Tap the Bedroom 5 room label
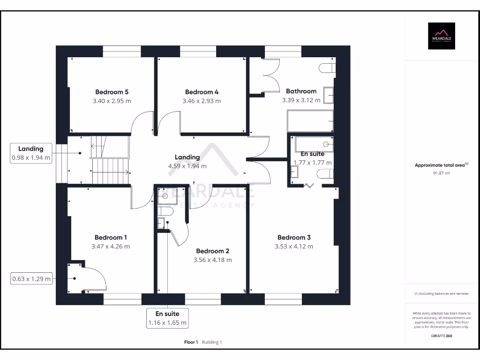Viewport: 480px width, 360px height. click(x=112, y=92)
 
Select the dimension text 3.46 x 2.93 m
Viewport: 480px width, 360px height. click(x=202, y=101)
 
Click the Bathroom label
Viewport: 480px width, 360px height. click(x=301, y=91)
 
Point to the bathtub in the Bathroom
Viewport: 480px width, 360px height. click(x=310, y=121)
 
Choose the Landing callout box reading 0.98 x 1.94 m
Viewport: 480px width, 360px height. click(x=31, y=153)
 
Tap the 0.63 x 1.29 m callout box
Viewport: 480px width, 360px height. click(x=31, y=279)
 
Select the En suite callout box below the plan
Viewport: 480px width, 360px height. click(x=167, y=318)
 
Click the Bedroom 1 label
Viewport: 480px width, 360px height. click(x=111, y=237)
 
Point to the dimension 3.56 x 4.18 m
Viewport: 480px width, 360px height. click(x=213, y=260)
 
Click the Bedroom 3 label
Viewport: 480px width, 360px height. click(x=294, y=237)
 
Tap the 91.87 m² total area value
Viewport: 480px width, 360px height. click(x=441, y=173)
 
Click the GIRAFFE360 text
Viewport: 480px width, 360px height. click(x=441, y=336)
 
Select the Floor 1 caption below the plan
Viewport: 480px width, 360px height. click(x=191, y=342)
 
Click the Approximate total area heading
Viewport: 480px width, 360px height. click(x=441, y=165)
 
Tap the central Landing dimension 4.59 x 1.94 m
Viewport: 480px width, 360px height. click(x=187, y=166)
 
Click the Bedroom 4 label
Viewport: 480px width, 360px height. click(x=202, y=92)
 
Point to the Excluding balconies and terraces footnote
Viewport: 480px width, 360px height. click(x=441, y=293)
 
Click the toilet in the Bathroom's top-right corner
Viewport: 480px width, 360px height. click(x=327, y=68)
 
